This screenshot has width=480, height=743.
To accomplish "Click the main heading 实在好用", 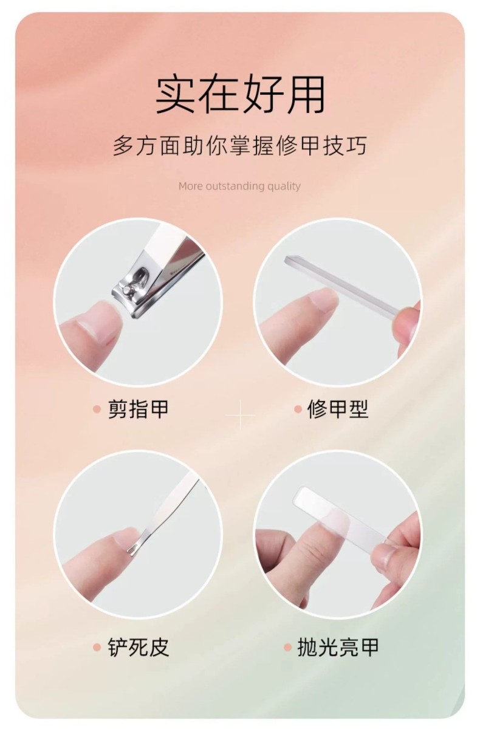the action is [x=240, y=95].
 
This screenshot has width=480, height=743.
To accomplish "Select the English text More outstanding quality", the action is [x=239, y=186].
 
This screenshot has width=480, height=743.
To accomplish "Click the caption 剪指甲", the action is [x=138, y=409].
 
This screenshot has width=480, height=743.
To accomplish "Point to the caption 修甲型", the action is [x=338, y=409].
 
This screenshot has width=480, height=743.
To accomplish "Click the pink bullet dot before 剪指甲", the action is [x=97, y=409].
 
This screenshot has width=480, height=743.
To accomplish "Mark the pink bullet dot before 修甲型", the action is [x=298, y=409].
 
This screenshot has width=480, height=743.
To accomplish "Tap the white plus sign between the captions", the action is [x=240, y=415].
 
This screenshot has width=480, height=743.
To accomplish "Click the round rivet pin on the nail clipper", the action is [x=126, y=290].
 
